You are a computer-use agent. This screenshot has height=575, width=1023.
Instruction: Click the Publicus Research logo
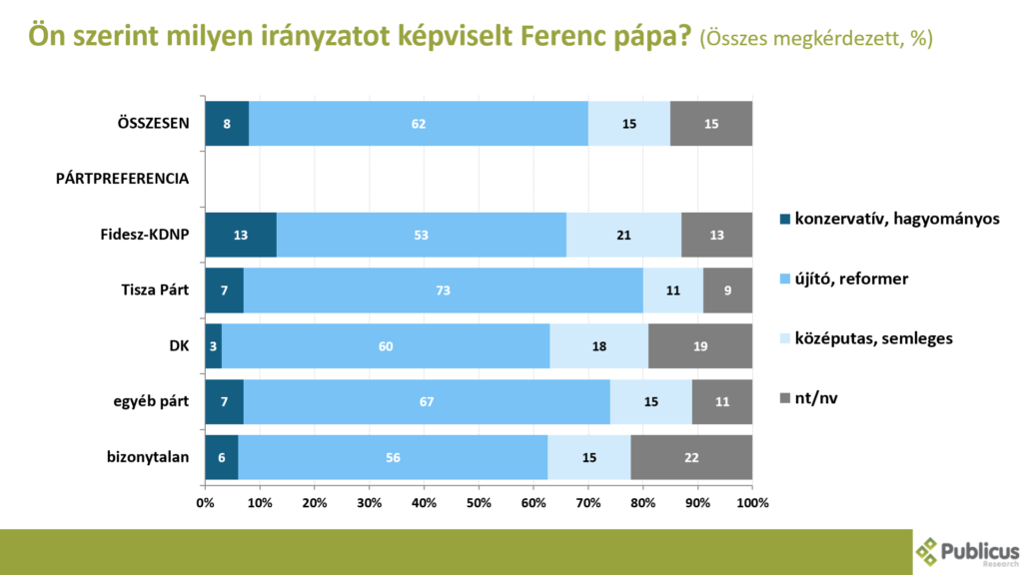(x=968, y=550)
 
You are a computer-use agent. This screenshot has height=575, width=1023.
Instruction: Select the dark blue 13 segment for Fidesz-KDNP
(x=241, y=235)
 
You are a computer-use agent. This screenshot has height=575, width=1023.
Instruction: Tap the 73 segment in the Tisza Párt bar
(x=443, y=290)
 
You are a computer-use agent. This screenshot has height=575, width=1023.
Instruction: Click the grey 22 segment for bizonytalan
(x=691, y=458)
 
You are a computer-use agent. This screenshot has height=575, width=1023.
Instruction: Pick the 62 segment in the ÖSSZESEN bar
(x=418, y=123)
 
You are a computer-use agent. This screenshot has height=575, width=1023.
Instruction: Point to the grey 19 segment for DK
(x=700, y=346)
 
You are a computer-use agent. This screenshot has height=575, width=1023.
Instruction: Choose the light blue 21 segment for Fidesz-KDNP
(x=623, y=235)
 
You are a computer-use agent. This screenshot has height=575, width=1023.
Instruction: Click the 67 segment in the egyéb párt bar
(x=426, y=402)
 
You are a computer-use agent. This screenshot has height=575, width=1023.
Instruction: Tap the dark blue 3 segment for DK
(x=213, y=346)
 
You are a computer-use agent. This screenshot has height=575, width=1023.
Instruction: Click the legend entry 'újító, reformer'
(x=851, y=279)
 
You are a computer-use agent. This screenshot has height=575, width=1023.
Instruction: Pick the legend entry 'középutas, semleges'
(x=872, y=338)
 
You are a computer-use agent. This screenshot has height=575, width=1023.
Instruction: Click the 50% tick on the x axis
(x=479, y=503)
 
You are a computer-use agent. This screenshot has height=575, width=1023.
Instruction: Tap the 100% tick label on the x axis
(x=751, y=503)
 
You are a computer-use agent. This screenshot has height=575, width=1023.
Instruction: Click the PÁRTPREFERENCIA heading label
(x=122, y=179)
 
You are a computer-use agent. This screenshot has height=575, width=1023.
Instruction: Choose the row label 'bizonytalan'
(x=149, y=458)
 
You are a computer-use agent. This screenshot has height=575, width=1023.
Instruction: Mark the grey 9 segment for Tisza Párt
(x=727, y=290)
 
